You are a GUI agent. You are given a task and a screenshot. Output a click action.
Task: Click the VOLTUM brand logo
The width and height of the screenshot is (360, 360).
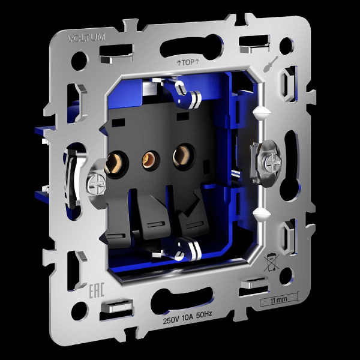coord(87,38)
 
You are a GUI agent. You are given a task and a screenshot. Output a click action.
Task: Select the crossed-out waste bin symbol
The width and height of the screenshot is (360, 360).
coord(271,262)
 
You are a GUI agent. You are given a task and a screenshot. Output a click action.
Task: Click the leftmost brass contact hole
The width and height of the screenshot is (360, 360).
coord(113,165)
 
